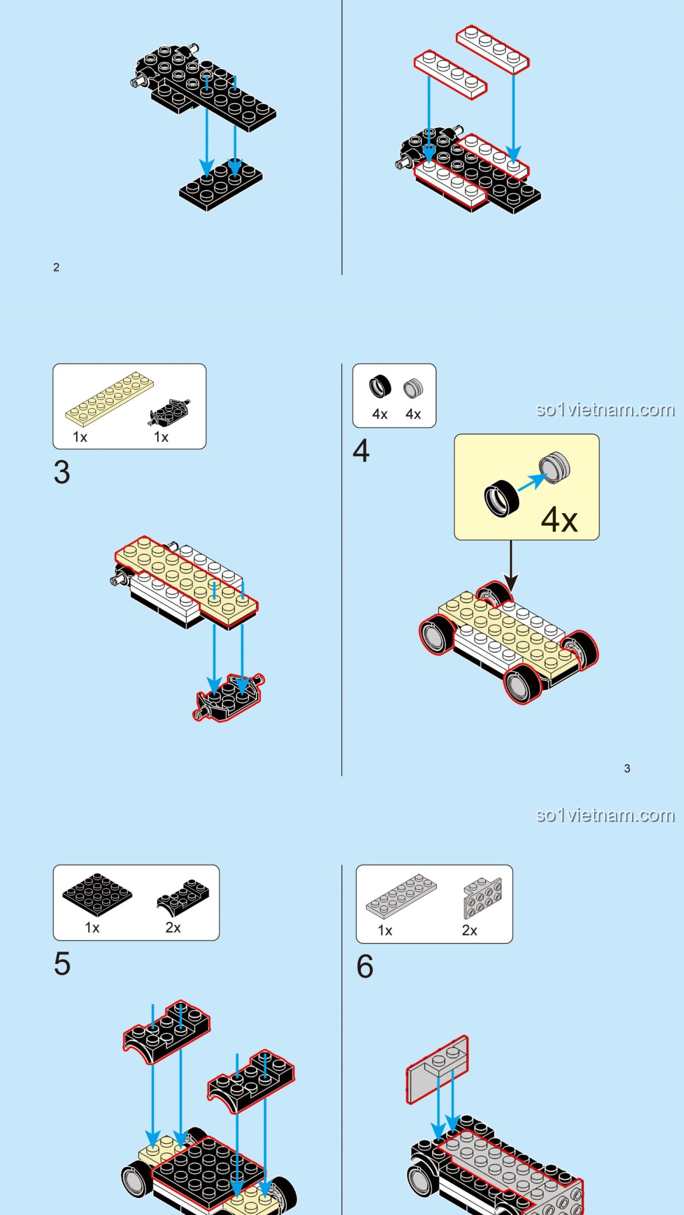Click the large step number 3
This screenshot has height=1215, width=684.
click(61, 473)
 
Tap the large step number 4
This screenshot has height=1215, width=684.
click(361, 451)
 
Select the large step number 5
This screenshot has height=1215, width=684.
click(62, 964)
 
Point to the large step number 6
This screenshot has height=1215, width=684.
click(365, 966)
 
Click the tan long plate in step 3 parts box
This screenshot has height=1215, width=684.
click(110, 399)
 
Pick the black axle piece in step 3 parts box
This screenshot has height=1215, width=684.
click(169, 413)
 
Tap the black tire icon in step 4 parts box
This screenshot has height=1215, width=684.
click(380, 386)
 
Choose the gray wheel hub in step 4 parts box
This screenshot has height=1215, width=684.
click(413, 388)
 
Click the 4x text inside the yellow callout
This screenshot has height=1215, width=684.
click(559, 520)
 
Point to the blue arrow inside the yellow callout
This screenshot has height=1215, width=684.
click(532, 482)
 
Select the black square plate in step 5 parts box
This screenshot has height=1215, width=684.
click(97, 894)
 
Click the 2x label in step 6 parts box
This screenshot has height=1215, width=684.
click(469, 930)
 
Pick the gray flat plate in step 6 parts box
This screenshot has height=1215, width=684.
click(401, 896)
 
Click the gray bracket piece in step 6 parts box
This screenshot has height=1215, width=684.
click(483, 897)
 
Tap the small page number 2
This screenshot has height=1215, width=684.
click(56, 267)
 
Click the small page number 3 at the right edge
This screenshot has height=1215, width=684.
click(627, 768)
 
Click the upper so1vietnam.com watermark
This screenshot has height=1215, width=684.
click(605, 410)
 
